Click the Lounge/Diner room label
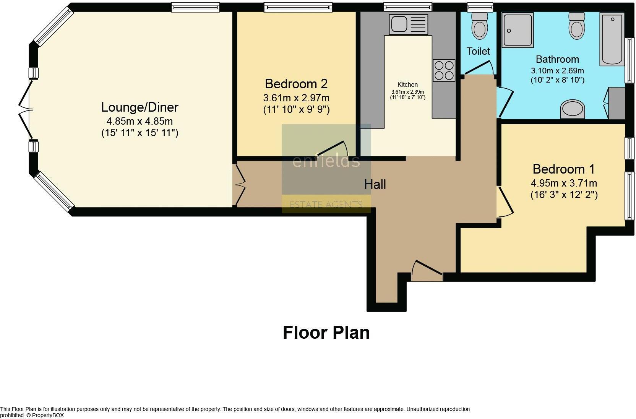(140, 107)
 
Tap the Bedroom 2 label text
(296, 84)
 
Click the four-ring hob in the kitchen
(444, 70)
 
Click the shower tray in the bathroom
(518, 30)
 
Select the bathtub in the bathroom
(612, 39)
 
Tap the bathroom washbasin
(573, 109)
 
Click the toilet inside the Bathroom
(576, 26)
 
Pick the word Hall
(375, 185)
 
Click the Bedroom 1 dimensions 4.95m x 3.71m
(564, 183)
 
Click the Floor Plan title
(326, 333)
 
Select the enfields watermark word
(326, 161)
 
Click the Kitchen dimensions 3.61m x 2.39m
(407, 92)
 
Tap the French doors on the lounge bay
(25, 110)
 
